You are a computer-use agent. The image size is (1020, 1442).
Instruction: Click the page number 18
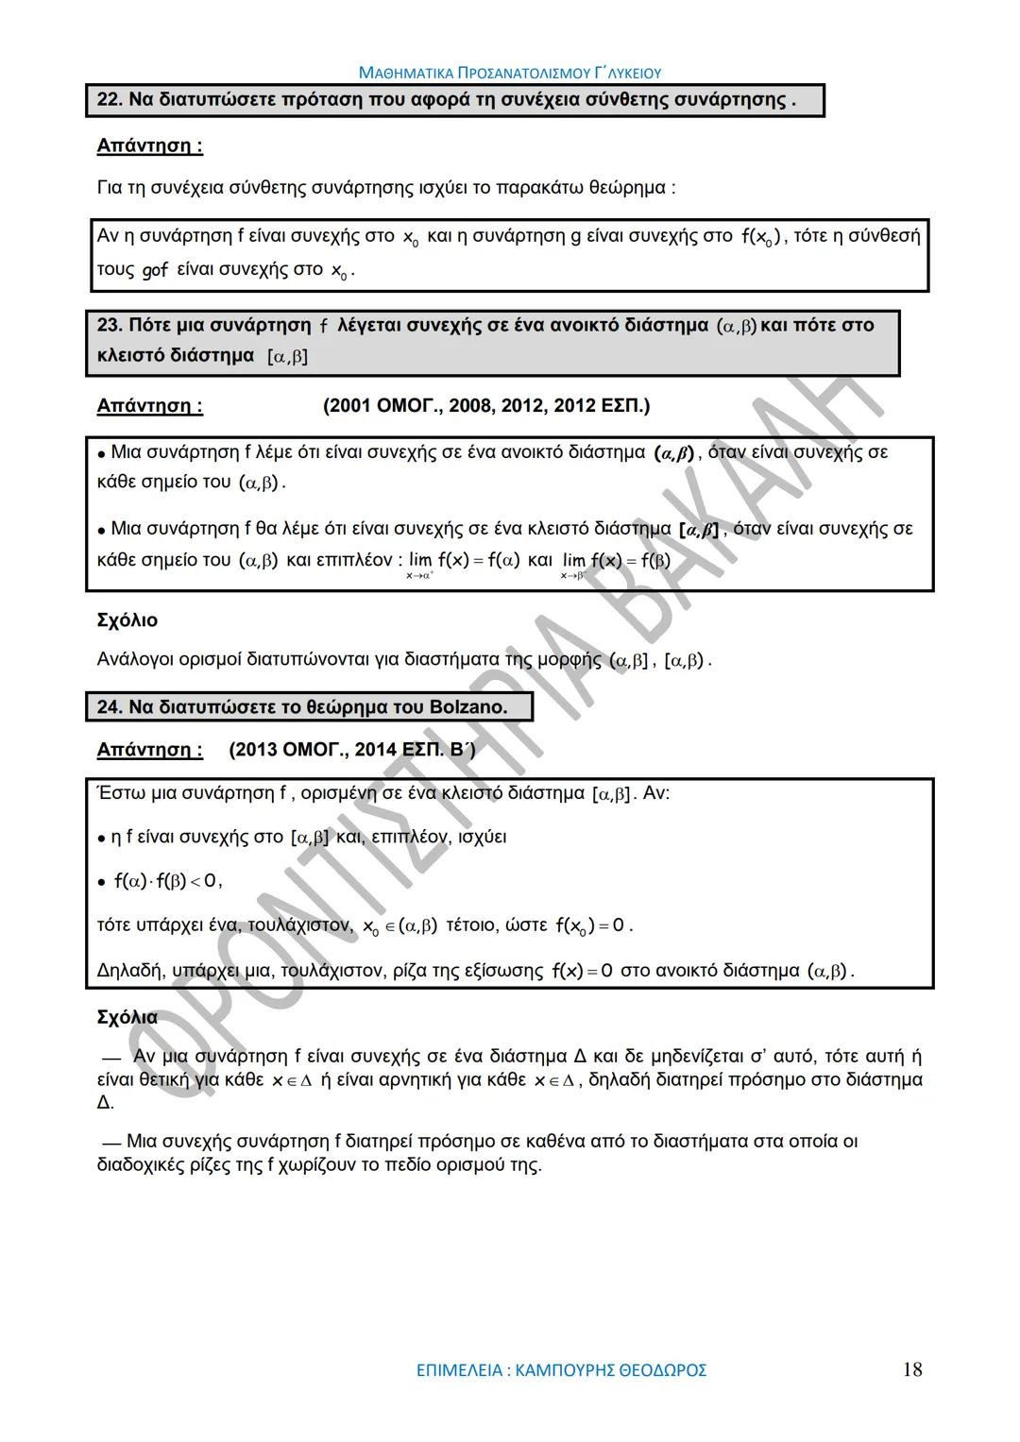coord(911,1369)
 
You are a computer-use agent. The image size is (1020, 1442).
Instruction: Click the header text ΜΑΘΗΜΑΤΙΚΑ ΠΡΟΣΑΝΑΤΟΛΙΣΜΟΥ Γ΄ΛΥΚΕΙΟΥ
coord(510,73)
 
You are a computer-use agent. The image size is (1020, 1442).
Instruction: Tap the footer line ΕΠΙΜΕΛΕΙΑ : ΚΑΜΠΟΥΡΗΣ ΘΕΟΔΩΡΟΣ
coord(561,1370)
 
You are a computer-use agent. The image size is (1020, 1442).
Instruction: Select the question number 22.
coord(109,99)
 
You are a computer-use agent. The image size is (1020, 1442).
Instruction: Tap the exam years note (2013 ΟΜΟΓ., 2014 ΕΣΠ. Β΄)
coord(351,750)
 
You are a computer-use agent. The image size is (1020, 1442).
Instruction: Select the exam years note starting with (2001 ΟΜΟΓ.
coord(485,406)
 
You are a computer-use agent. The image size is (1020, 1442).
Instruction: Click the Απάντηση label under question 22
coord(149,146)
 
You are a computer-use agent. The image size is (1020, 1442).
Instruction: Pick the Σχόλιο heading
coord(127,620)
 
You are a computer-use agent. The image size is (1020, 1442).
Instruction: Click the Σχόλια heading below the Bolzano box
coord(127,1017)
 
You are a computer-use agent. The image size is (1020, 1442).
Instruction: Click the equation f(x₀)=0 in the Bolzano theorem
coord(590,925)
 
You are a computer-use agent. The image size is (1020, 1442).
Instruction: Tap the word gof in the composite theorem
coord(155,270)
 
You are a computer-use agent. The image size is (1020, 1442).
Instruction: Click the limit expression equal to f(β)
coord(616,561)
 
